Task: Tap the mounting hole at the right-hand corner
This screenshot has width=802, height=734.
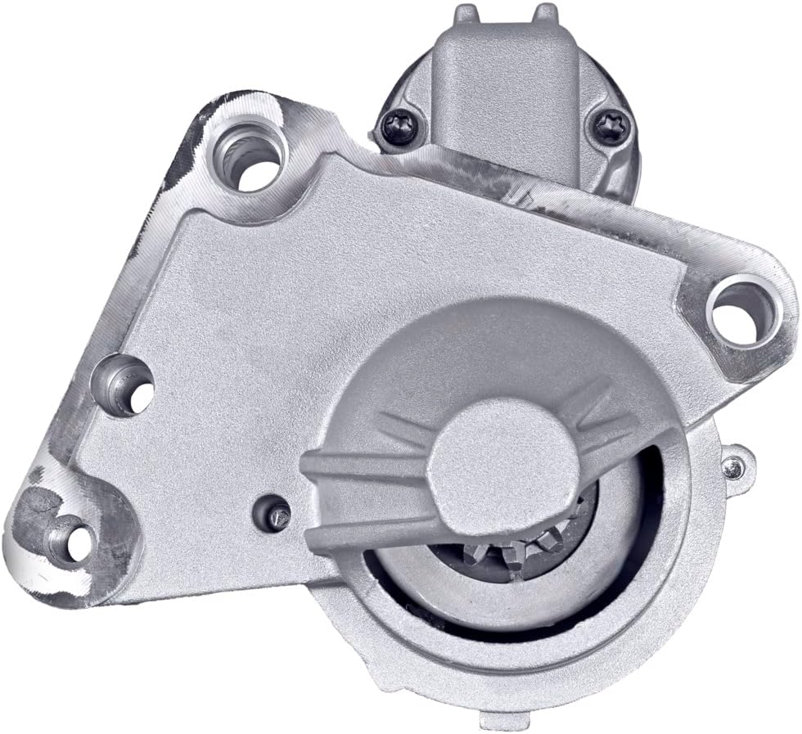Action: tap(741, 312)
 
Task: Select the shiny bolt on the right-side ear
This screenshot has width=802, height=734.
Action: tap(733, 467)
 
